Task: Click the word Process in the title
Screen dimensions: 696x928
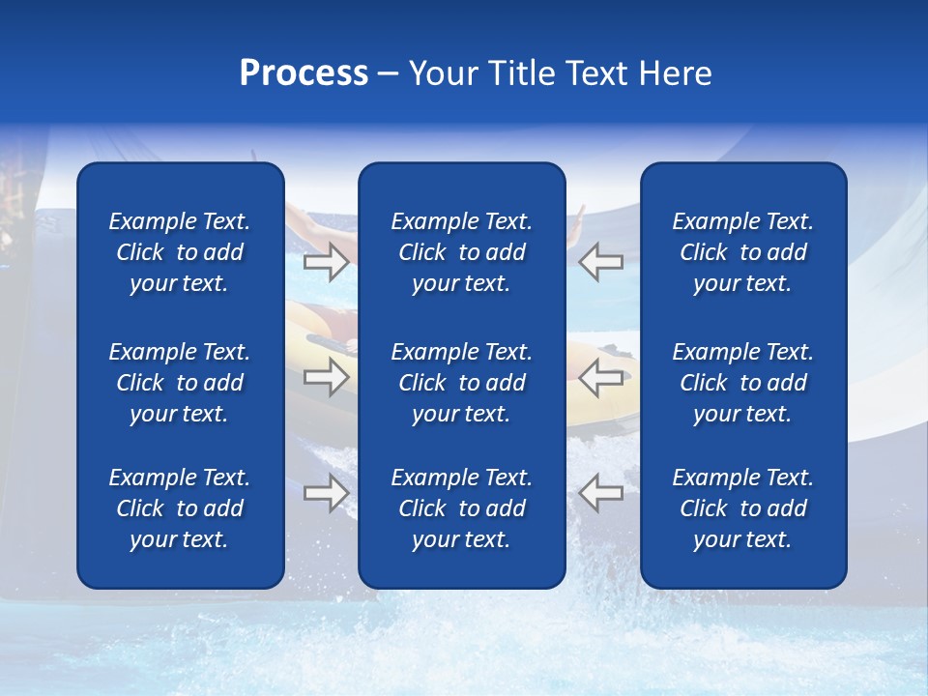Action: pyautogui.click(x=304, y=73)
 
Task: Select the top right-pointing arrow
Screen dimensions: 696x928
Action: pyautogui.click(x=326, y=262)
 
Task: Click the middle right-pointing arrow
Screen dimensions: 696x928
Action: pyautogui.click(x=326, y=377)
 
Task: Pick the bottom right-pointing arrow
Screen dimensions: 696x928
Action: pyautogui.click(x=326, y=493)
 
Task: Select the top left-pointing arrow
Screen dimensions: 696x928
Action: pyautogui.click(x=600, y=262)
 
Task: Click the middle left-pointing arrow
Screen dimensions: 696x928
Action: pyautogui.click(x=600, y=377)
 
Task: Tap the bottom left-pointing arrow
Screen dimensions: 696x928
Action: pyautogui.click(x=600, y=493)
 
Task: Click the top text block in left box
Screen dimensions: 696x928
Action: pyautogui.click(x=180, y=252)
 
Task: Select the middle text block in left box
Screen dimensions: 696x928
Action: pyautogui.click(x=180, y=383)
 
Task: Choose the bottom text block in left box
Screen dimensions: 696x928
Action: pyautogui.click(x=180, y=508)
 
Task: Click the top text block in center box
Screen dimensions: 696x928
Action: pyautogui.click(x=461, y=252)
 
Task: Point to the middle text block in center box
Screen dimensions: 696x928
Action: pyautogui.click(x=461, y=383)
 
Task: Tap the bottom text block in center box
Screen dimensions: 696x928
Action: pyautogui.click(x=461, y=508)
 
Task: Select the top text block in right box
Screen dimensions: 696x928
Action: pyautogui.click(x=742, y=252)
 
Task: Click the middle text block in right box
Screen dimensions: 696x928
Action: pyautogui.click(x=742, y=383)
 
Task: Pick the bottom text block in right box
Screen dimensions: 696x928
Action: pyautogui.click(x=742, y=508)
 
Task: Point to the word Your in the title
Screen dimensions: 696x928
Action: pyautogui.click(x=441, y=73)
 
